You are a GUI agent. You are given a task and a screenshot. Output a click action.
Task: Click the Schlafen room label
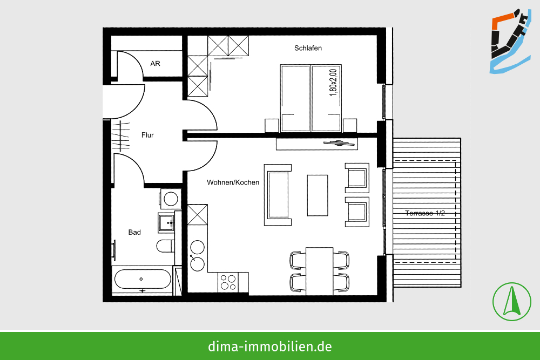[308, 48]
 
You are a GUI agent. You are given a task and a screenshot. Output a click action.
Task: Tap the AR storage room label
[156, 64]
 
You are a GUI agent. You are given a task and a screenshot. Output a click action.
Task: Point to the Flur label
[147, 135]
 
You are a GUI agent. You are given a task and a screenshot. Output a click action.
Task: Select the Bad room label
[134, 232]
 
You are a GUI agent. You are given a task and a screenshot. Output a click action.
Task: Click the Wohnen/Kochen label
[233, 182]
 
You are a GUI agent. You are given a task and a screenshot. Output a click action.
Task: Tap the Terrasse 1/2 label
[424, 213]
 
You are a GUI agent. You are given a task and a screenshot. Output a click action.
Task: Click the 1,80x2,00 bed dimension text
[333, 83]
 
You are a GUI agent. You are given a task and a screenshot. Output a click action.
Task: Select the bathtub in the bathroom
[143, 279]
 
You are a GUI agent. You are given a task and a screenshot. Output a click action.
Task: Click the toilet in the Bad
[165, 246]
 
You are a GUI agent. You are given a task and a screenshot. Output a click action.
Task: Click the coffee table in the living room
[317, 195]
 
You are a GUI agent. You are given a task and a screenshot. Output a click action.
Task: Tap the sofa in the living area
[278, 195]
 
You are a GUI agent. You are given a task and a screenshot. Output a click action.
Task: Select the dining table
[319, 271]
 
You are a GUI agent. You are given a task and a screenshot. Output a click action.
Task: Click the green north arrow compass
[512, 302]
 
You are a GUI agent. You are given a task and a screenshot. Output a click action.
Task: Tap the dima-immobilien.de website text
[269, 346]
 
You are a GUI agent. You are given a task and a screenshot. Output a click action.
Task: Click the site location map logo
[510, 42]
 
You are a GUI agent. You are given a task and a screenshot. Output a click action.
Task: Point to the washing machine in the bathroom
[171, 199]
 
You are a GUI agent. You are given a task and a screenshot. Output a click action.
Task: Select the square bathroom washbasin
[166, 223]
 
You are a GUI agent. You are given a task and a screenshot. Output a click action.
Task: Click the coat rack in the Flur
[120, 135]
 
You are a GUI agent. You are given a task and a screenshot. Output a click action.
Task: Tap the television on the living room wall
[339, 143]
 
